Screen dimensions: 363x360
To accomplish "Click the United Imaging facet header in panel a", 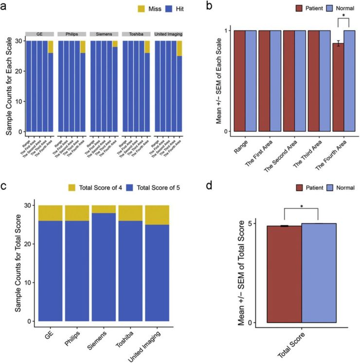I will pyautogui.click(x=168, y=34).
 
